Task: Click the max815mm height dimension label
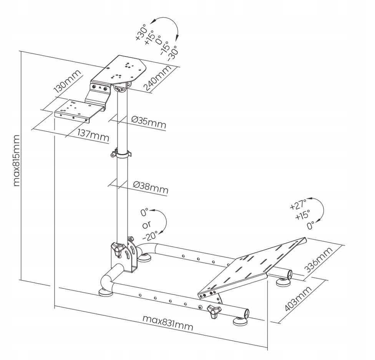click(x=17, y=160)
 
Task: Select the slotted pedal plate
click(x=252, y=265)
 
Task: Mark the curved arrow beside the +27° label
click(x=319, y=209)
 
